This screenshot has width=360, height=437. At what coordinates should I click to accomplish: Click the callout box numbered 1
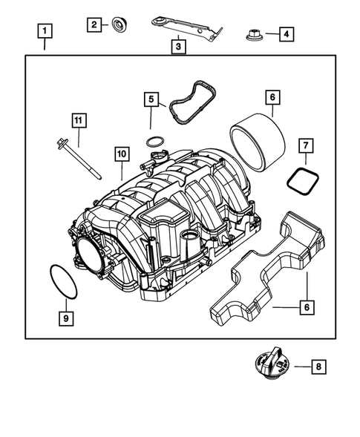46,32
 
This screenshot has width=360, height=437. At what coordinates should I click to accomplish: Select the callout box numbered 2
94,25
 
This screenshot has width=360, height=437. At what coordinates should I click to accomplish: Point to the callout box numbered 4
286,33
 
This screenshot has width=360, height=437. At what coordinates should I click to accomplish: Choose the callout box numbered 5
151,99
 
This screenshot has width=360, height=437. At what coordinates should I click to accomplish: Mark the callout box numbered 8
318,366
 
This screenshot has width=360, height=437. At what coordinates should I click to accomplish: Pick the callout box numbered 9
66,318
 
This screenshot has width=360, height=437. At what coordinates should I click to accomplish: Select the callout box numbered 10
122,154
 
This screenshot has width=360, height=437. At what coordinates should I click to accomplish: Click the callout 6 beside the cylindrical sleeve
272,97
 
